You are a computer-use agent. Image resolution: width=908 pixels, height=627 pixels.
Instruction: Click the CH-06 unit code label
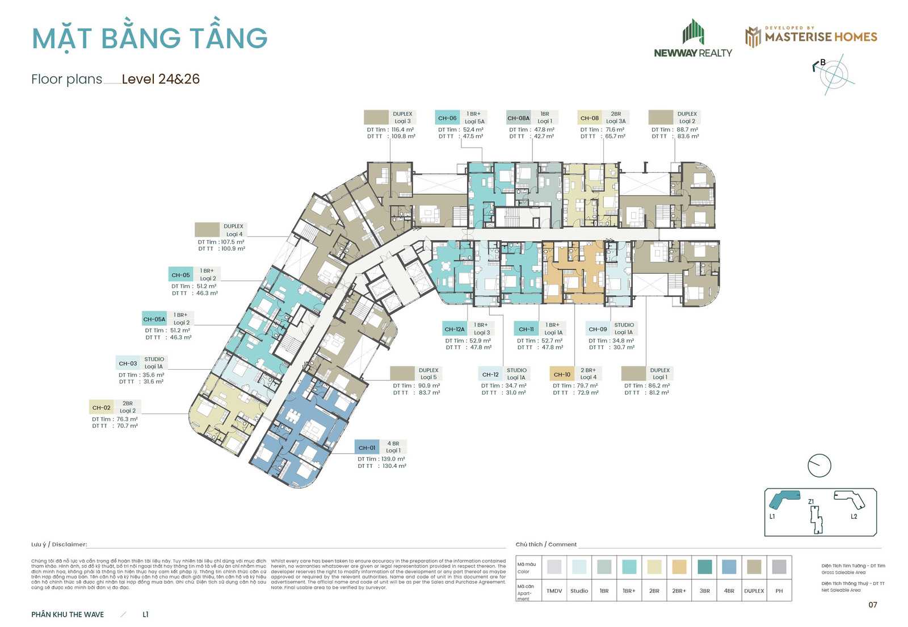pos(447,118)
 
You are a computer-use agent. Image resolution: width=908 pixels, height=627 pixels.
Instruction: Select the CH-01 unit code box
pos(367,448)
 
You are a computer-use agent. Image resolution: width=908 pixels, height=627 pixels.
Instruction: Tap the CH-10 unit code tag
pos(562,374)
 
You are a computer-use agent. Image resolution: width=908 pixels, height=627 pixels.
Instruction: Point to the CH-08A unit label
pos(518,118)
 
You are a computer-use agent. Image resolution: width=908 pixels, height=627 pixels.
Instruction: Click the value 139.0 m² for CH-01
pos(393,459)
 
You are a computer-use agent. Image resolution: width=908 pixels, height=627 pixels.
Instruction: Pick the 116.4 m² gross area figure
pos(402,129)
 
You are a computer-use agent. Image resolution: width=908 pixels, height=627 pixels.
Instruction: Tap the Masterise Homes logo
pos(811,36)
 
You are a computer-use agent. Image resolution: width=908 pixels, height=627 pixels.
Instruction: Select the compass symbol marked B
pos(833,74)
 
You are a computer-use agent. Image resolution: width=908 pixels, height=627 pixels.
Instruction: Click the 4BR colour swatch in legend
pos(729,566)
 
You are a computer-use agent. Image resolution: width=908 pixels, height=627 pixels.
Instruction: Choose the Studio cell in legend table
pos(579,591)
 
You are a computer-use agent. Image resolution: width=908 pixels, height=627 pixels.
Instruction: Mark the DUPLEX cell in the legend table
pos(754,591)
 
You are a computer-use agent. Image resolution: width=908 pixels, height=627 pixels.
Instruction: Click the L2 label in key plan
pos(854,516)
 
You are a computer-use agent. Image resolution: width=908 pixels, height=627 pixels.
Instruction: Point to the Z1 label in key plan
pos(811,501)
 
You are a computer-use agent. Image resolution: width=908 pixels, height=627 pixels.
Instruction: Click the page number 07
pos(873,605)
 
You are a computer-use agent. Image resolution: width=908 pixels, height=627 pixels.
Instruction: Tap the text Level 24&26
pos(161,79)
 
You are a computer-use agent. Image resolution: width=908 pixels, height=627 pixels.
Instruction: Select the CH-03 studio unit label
pos(128,363)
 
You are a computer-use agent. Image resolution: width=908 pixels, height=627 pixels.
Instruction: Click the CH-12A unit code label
pos(455,329)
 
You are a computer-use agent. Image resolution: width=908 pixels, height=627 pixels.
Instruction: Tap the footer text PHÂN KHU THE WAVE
pos(68,615)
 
